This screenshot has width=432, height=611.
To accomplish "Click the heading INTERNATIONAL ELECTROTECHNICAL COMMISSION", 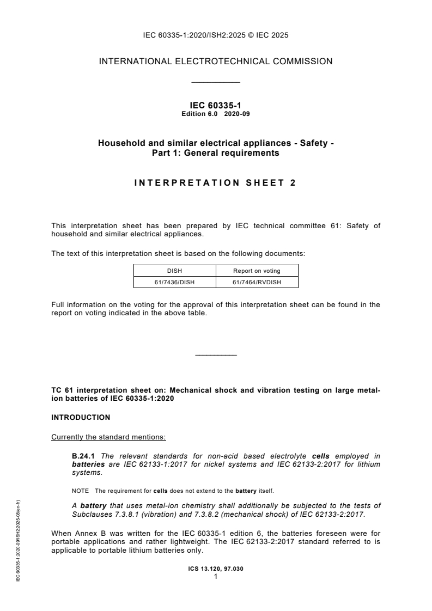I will click(216, 62).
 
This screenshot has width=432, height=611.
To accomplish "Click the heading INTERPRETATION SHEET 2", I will click(215, 183).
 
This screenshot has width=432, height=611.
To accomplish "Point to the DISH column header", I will click(175, 270).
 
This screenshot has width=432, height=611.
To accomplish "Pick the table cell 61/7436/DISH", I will click(175, 282).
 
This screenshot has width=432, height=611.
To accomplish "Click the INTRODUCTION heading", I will click(81, 418).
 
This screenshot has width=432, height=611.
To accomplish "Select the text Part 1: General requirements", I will click(215, 153).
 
